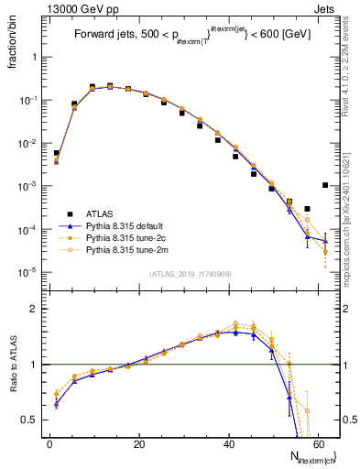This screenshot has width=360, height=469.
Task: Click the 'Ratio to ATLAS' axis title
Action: coord(14,364)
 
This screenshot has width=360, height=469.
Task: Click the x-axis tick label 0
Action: coord(49,443)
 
